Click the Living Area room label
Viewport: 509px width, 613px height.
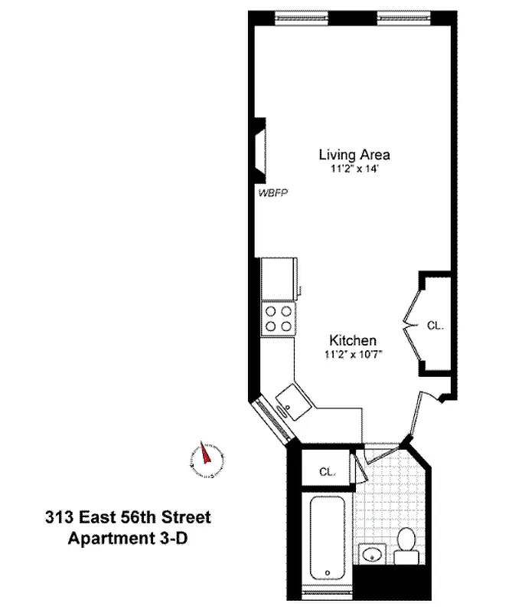coord(354,154)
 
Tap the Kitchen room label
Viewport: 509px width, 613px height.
coord(352,339)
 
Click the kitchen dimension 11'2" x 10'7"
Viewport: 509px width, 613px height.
coord(352,353)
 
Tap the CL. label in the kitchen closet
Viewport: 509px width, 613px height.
coord(435,326)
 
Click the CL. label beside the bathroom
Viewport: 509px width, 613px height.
coord(326,472)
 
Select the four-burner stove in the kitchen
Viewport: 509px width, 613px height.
coord(278,318)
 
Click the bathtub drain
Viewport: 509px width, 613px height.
coord(327,572)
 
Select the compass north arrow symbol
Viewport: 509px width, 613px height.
coord(204,458)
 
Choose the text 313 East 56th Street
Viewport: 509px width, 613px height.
coord(129,518)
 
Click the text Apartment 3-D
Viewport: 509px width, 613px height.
coord(129,538)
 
